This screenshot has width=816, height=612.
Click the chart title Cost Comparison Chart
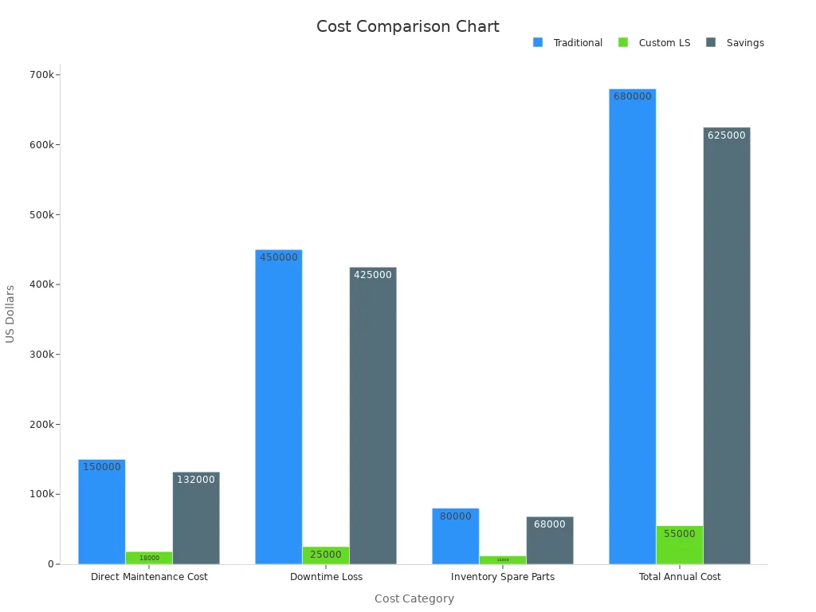[407, 26]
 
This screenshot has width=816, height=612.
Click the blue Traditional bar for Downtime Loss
[278, 406]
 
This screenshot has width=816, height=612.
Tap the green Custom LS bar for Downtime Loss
[325, 555]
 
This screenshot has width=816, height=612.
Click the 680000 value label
[632, 96]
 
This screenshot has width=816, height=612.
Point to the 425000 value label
[372, 275]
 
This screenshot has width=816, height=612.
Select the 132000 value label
[195, 480]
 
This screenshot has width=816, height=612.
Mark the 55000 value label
[679, 534]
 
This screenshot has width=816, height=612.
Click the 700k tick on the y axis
[42, 75]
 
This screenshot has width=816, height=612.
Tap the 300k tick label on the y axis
[42, 355]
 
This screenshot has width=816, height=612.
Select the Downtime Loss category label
[326, 577]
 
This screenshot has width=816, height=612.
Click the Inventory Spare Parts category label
[502, 577]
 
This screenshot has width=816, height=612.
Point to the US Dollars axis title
[10, 314]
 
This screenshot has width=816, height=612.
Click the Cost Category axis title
[414, 598]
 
